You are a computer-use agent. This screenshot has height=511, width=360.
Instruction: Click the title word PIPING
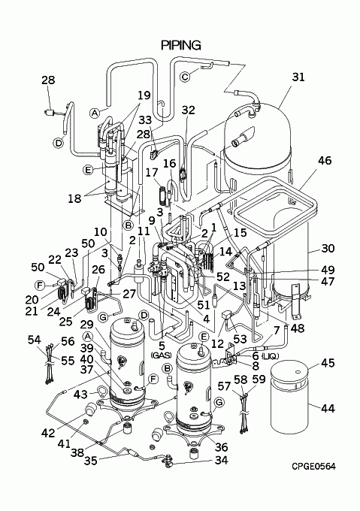pyautogui.click(x=181, y=45)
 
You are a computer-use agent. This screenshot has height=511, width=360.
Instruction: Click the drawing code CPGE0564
pyautogui.click(x=313, y=467)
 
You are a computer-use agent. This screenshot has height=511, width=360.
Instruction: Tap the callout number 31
pyautogui.click(x=298, y=77)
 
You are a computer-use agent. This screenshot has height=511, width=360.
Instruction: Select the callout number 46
pyautogui.click(x=325, y=161)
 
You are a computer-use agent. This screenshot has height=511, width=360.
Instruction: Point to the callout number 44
pyautogui.click(x=328, y=408)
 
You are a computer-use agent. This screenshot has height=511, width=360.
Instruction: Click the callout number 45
pyautogui.click(x=328, y=363)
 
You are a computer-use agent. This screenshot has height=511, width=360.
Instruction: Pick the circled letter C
pyautogui.click(x=185, y=77)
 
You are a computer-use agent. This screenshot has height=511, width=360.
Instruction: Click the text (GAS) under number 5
pyautogui.click(x=162, y=355)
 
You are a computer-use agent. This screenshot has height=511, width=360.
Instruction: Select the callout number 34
pyautogui.click(x=221, y=461)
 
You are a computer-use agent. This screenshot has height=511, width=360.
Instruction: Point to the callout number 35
pyautogui.click(x=91, y=461)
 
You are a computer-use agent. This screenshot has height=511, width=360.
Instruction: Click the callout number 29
pyautogui.click(x=86, y=325)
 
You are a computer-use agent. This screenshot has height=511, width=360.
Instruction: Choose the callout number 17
pyautogui.click(x=152, y=172)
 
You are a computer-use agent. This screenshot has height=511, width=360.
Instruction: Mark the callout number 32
pyautogui.click(x=188, y=110)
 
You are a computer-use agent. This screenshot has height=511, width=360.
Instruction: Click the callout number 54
pyautogui.click(x=35, y=340)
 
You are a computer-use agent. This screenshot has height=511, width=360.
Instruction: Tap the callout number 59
pyautogui.click(x=259, y=379)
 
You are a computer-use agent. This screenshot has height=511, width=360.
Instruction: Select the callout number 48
pyautogui.click(x=298, y=328)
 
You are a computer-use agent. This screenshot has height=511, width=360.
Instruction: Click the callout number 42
pyautogui.click(x=48, y=433)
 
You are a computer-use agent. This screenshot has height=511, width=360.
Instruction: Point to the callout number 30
pyautogui.click(x=328, y=248)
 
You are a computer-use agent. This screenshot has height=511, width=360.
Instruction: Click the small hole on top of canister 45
pyautogui.click(x=297, y=372)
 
